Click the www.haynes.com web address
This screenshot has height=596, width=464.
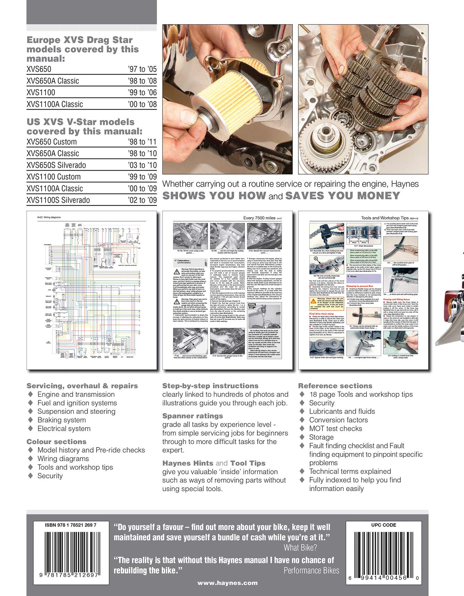[227, 583]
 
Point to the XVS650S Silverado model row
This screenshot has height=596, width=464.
[56, 165]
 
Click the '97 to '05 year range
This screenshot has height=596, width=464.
[142, 69]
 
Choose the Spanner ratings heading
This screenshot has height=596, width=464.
[193, 416]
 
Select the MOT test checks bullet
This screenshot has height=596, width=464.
[335, 429]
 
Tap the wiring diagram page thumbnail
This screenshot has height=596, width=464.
[91, 290]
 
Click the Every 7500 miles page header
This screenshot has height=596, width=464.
[260, 218]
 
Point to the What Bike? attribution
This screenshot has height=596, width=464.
[300, 548]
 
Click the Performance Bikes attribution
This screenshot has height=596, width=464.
[311, 570]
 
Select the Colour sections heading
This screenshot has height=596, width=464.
[56, 442]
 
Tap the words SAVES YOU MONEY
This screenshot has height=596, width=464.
[342, 196]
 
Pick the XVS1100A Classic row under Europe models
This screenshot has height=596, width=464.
[55, 104]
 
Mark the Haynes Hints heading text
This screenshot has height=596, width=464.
[188, 463]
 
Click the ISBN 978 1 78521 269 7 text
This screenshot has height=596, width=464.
[71, 525]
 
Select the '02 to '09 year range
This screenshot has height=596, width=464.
[142, 200]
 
